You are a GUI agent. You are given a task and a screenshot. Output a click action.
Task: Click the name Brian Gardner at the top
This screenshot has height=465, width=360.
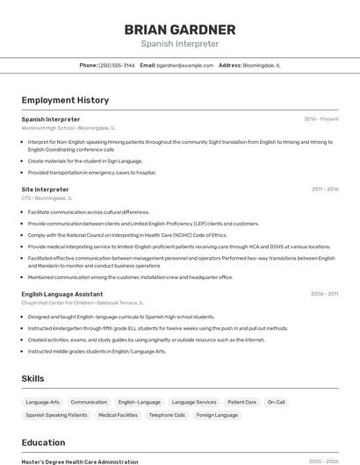pyautogui.click(x=179, y=29)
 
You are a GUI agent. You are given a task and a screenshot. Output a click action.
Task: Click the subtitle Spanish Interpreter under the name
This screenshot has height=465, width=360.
pyautogui.click(x=179, y=44)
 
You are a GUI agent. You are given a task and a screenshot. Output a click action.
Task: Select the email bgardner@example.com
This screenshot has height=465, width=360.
pyautogui.click(x=185, y=65)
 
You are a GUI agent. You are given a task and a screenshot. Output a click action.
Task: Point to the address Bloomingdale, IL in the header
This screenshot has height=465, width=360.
pyautogui.click(x=262, y=65)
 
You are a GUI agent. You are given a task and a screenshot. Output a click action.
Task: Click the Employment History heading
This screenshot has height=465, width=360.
pyautogui.click(x=65, y=100)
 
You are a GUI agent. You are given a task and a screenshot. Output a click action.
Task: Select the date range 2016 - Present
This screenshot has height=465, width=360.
pyautogui.click(x=321, y=119)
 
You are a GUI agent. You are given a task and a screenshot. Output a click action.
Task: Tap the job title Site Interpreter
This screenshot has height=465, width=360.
pyautogui.click(x=45, y=189)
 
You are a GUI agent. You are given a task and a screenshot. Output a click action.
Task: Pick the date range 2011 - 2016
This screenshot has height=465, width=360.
pyautogui.click(x=325, y=189)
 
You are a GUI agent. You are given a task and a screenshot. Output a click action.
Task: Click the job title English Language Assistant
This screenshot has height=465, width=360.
pyautogui.click(x=62, y=294)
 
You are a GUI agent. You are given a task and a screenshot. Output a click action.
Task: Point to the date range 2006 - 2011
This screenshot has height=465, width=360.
pyautogui.click(x=325, y=294)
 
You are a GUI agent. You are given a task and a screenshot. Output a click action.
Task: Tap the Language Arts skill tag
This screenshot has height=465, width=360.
pyautogui.click(x=43, y=402)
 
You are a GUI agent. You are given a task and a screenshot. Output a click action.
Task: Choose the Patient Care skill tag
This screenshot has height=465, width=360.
pyautogui.click(x=241, y=402)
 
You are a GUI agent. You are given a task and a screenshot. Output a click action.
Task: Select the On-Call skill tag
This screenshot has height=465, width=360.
pyautogui.click(x=277, y=402)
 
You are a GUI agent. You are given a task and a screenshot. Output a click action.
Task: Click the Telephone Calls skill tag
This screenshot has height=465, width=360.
pyautogui.click(x=167, y=415)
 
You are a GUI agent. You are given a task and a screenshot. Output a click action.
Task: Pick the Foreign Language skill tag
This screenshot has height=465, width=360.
pyautogui.click(x=217, y=415)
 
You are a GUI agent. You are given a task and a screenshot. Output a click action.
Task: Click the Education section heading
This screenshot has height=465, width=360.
pyautogui.click(x=44, y=442)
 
